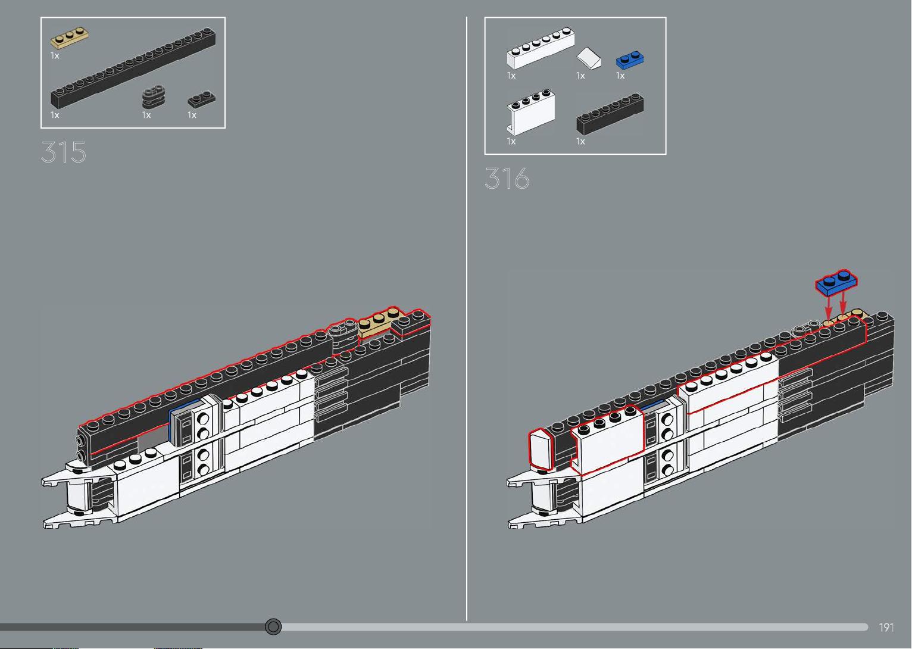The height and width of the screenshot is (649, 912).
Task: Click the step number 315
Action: click(64, 152)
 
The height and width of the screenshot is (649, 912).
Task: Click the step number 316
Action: click(507, 179)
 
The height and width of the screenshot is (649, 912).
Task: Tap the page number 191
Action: click(886, 628)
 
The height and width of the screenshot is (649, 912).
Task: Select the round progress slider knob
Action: click(273, 626)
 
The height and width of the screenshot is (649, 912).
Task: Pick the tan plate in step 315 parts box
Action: click(69, 38)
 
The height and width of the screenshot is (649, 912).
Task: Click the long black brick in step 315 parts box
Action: click(133, 68)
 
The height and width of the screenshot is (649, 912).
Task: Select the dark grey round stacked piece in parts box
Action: click(154, 97)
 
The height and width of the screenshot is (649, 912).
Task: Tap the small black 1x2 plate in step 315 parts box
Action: click(202, 99)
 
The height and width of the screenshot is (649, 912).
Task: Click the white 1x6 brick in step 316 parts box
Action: click(541, 48)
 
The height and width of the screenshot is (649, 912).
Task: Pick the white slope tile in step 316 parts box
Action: click(589, 58)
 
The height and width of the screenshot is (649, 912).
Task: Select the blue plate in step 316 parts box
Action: click(630, 60)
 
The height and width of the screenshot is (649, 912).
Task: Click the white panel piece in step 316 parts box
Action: click(531, 112)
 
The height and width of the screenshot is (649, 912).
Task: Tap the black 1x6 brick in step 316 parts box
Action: click(610, 114)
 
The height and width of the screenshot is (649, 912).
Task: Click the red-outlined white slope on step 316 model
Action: click(541, 450)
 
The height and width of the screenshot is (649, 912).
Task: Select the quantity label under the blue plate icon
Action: click(620, 76)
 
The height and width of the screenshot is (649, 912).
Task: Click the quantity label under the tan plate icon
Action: click(55, 56)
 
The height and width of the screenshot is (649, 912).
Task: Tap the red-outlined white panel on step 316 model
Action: click(607, 440)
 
